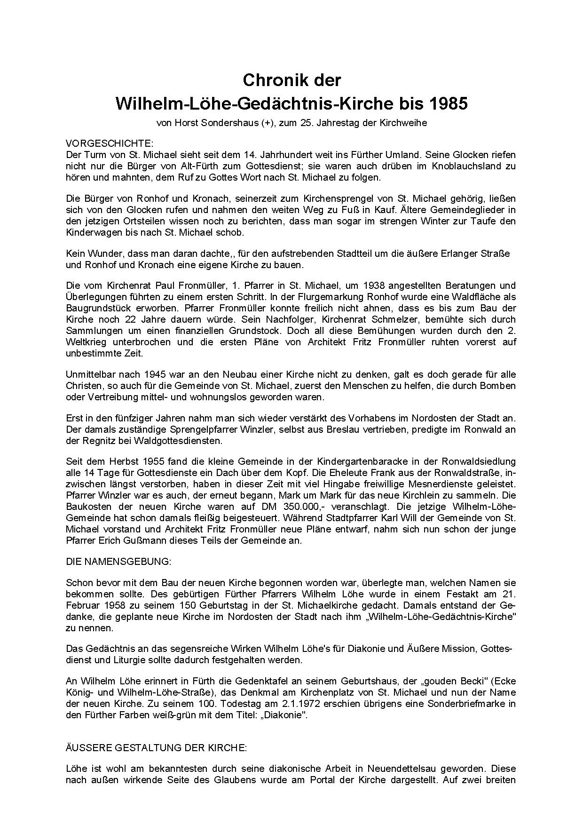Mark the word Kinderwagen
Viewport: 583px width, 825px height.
(x=90, y=232)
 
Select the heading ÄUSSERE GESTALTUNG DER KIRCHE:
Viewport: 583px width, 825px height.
(x=156, y=748)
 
